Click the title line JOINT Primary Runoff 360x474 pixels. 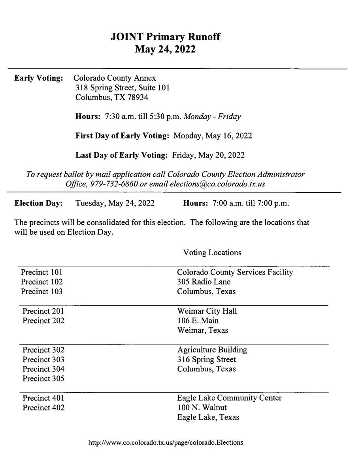[165, 37]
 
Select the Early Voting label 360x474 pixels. [38, 78]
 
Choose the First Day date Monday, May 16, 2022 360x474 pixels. [213, 136]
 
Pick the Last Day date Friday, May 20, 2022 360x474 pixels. [208, 155]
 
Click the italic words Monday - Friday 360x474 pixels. [213, 117]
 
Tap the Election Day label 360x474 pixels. [38, 203]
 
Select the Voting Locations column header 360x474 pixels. [212, 252]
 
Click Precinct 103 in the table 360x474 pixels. [41, 292]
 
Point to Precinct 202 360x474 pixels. [43, 320]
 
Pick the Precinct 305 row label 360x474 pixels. [43, 379]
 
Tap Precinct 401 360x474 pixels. [43, 398]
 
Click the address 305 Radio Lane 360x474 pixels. [204, 282]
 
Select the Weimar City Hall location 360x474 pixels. [207, 311]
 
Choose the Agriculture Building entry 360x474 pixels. [212, 350]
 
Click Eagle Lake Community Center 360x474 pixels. [229, 398]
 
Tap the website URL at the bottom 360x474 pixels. [166, 442]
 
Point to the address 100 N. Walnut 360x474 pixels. [202, 407]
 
